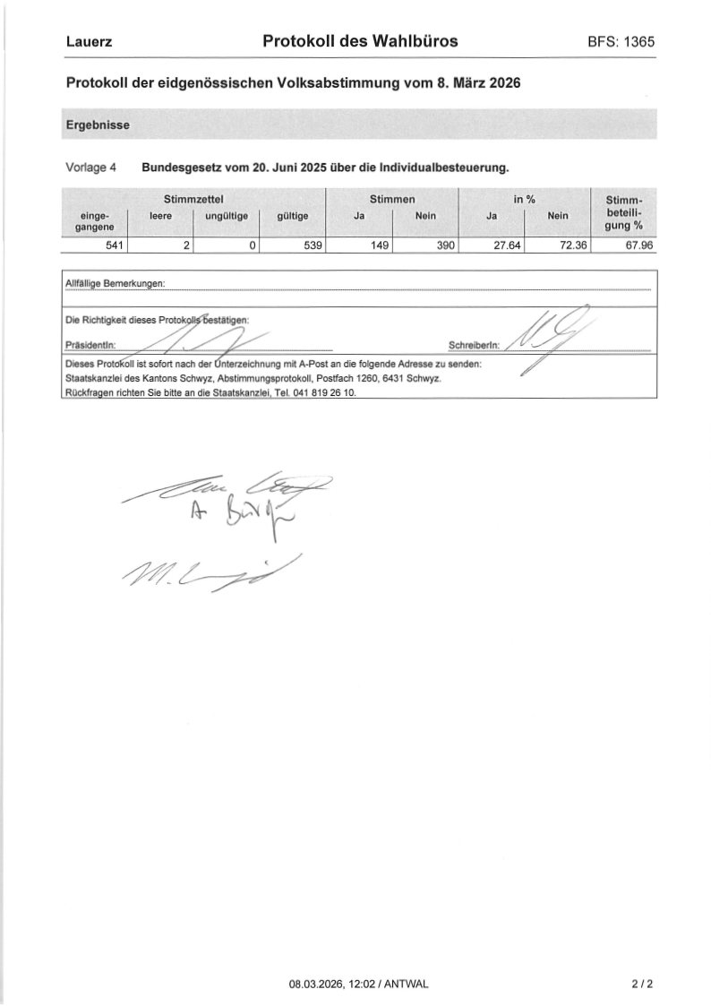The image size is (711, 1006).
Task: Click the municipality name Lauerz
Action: tap(89, 42)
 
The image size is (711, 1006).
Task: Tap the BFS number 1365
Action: tap(621, 42)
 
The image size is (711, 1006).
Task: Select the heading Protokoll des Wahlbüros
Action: tap(360, 41)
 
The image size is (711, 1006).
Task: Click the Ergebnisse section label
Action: tap(98, 125)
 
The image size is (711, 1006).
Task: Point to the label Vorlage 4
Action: tap(91, 168)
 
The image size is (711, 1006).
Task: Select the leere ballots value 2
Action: tap(184, 245)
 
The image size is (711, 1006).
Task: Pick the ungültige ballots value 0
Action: tap(253, 245)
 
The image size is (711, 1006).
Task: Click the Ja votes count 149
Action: tap(378, 245)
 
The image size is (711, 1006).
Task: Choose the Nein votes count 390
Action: tap(446, 245)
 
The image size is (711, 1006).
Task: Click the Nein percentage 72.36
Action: tap(573, 245)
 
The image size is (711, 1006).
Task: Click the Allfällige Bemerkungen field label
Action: tap(116, 284)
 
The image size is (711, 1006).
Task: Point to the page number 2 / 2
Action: tap(642, 984)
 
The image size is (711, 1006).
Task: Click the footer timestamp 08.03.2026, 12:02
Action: tap(324, 984)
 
